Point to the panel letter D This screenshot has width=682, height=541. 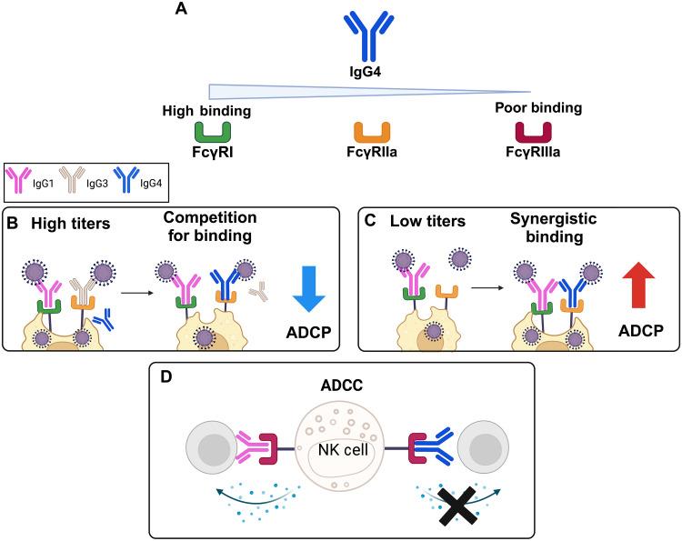(x=166, y=375)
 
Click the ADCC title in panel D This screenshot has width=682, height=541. (x=342, y=382)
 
